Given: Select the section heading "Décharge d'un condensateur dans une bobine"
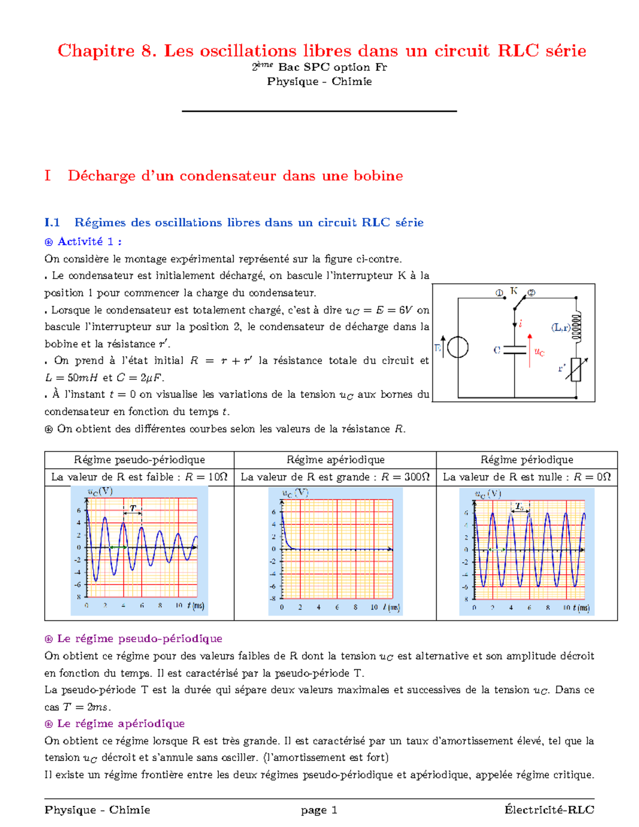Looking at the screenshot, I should [235, 176].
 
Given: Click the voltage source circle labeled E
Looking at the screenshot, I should [457, 348].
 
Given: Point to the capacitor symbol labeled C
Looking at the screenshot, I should [514, 350].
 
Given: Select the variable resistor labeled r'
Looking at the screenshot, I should [576, 369].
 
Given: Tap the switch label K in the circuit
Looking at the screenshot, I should [514, 291].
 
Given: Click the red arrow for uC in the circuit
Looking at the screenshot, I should [530, 350].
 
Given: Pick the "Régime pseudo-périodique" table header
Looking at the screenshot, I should [139, 460].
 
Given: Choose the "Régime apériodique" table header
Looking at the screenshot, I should [335, 460].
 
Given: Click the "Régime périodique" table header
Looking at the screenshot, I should [527, 460].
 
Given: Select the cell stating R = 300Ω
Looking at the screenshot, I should [335, 477].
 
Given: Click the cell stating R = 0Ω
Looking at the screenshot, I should [527, 477].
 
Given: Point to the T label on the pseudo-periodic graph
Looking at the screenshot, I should [133, 508].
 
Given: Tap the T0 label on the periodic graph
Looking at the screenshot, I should [519, 506].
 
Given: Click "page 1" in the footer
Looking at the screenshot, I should [319, 810].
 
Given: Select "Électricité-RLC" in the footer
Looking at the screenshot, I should [549, 810].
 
